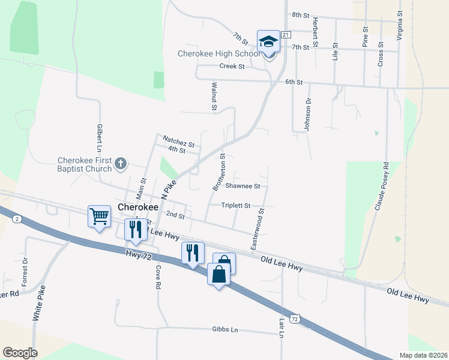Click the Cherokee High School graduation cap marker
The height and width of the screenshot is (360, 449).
(268, 41)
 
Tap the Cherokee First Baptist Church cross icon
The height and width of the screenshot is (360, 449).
(121, 163)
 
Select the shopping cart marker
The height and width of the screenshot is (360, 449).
(99, 215)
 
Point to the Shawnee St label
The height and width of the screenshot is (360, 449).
(243, 186)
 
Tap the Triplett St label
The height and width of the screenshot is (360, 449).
(235, 205)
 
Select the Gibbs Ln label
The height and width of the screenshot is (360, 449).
(225, 329)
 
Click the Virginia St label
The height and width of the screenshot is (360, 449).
(399, 24)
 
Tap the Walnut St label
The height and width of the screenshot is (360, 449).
(212, 97)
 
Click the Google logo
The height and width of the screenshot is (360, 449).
(20, 353)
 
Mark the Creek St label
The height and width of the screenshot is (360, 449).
(232, 67)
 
